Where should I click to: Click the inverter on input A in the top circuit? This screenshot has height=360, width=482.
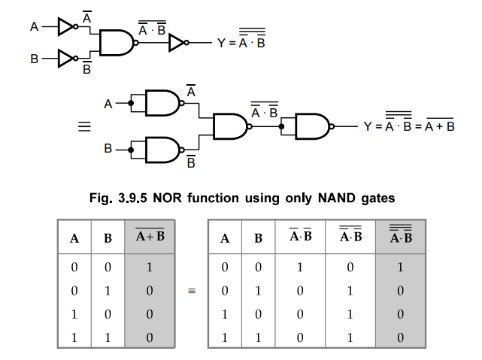tap(66, 27)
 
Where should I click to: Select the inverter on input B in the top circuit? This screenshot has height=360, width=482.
tap(66, 57)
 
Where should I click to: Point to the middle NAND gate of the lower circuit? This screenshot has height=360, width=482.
tap(231, 126)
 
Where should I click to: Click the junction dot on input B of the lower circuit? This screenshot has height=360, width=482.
tap(131, 150)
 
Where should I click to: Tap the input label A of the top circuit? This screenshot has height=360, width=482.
tap(34, 27)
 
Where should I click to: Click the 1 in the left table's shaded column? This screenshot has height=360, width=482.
tap(150, 267)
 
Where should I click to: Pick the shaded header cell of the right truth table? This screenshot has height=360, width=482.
tap(399, 237)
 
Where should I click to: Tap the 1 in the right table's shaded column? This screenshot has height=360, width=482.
tap(400, 267)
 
